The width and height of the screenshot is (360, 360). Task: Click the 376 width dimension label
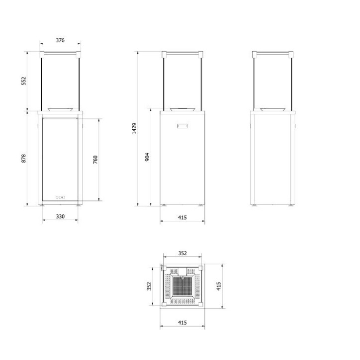click(60, 40)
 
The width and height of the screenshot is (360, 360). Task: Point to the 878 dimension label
click(23, 159)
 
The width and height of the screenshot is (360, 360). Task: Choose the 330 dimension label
click(60, 216)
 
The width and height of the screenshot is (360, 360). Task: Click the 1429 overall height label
click(134, 128)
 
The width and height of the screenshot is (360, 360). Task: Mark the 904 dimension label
click(147, 157)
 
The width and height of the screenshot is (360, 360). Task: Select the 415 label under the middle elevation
click(182, 217)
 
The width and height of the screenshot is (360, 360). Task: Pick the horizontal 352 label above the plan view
click(182, 253)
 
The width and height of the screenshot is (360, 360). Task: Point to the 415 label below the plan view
click(182, 323)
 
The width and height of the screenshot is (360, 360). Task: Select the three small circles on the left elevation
click(60, 197)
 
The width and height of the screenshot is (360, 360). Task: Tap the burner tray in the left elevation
click(60, 109)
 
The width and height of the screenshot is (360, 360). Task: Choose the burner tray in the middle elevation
click(182, 109)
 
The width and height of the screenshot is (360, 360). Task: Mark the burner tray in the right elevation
click(272, 109)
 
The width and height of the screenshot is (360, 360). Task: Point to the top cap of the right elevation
click(272, 53)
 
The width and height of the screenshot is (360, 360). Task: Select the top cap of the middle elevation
click(182, 53)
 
